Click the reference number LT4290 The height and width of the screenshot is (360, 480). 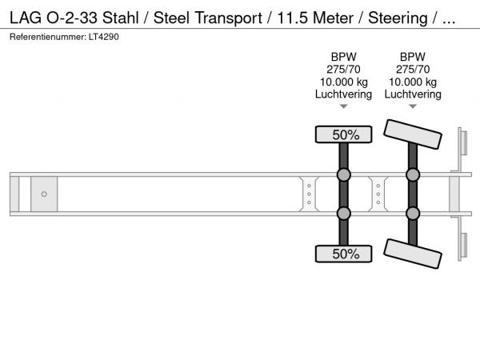[x=104, y=37]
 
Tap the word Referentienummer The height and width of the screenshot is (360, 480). [x=48, y=37]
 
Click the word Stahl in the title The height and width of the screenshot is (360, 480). [x=121, y=18]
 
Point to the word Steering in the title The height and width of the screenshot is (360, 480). [x=398, y=18]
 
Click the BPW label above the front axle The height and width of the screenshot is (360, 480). [x=343, y=57]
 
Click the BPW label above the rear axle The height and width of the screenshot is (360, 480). [x=413, y=57]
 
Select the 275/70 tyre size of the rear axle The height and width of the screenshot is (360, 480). [x=413, y=70]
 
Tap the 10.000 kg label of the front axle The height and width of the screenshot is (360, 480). [x=343, y=82]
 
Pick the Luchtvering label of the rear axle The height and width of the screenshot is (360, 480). [x=413, y=94]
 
